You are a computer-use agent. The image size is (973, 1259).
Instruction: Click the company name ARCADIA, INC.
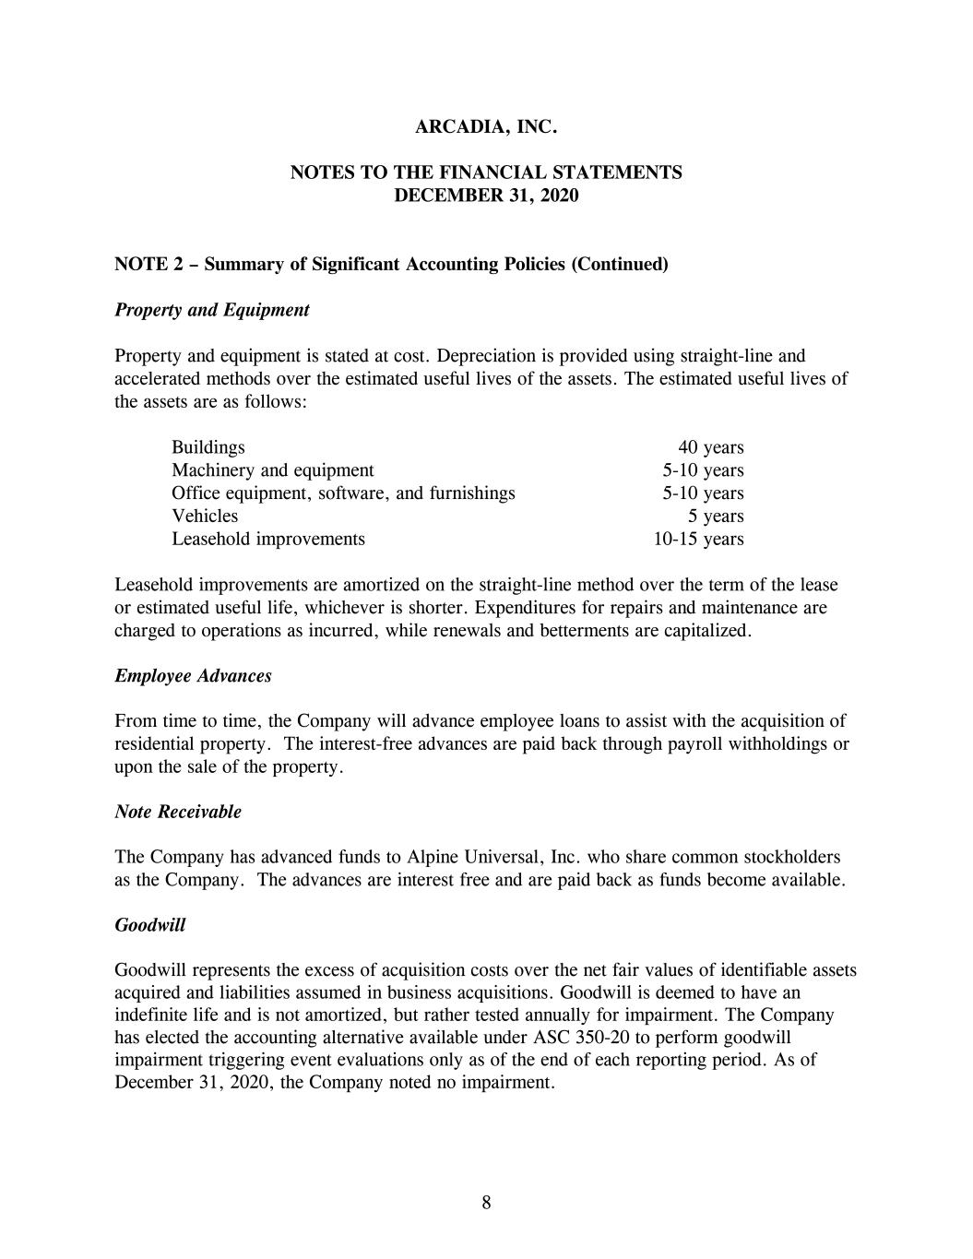pyautogui.click(x=486, y=127)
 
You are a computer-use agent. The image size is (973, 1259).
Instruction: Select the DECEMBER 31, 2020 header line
pyautogui.click(x=486, y=196)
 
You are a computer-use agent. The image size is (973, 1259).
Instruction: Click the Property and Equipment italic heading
pyautogui.click(x=211, y=310)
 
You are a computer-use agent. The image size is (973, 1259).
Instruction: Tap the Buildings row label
pyautogui.click(x=208, y=447)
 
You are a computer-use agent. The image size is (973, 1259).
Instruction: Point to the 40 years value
pyautogui.click(x=710, y=447)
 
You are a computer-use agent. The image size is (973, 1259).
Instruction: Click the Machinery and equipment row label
pyautogui.click(x=272, y=470)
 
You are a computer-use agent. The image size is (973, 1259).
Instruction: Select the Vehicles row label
pyautogui.click(x=205, y=516)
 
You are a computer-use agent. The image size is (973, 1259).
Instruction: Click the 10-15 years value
pyautogui.click(x=698, y=539)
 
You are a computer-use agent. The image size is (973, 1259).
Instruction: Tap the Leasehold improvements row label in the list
pyautogui.click(x=267, y=539)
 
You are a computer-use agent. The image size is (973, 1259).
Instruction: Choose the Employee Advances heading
pyautogui.click(x=193, y=676)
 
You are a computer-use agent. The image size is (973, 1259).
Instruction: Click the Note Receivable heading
pyautogui.click(x=178, y=812)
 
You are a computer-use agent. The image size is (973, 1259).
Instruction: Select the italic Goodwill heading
pyautogui.click(x=149, y=925)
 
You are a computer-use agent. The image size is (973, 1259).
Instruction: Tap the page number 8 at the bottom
pyautogui.click(x=486, y=1202)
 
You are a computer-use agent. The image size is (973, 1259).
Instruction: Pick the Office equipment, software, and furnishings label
pyautogui.click(x=343, y=493)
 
